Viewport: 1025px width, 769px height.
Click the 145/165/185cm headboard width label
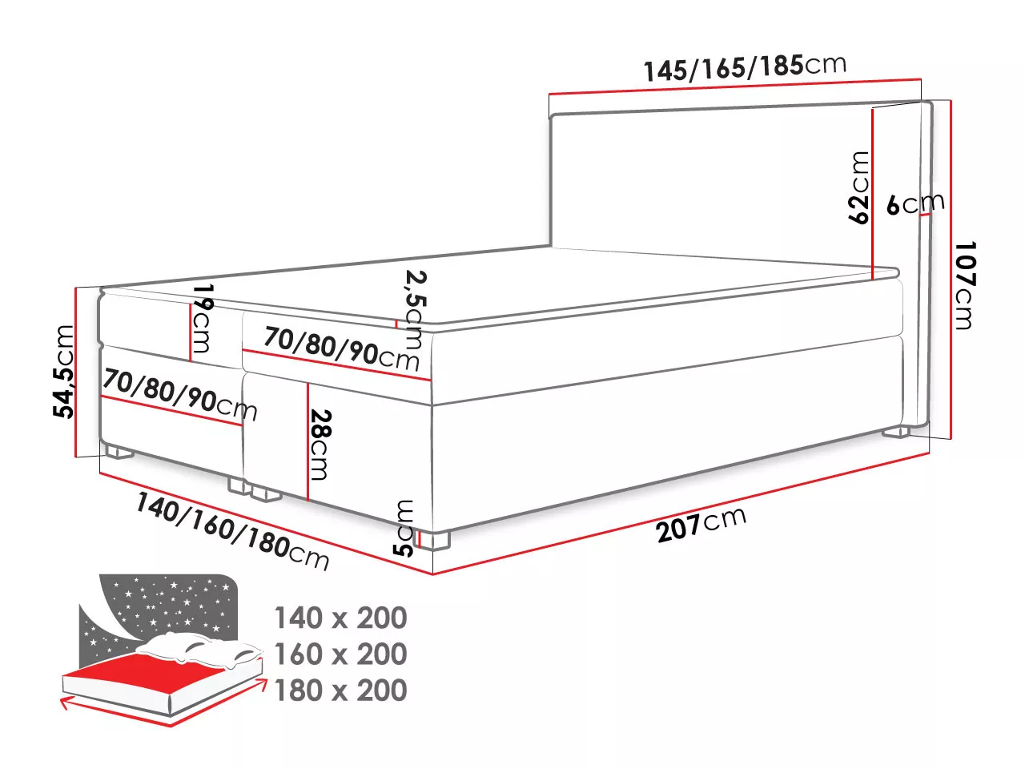(745, 67)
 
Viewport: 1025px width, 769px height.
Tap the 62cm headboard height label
(858, 187)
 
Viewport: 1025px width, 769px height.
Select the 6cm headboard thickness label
(915, 203)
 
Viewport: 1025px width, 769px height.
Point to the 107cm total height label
(965, 285)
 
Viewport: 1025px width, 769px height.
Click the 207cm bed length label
(701, 523)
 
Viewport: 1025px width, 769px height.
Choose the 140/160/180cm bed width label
(232, 531)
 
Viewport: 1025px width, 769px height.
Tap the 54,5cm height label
(63, 371)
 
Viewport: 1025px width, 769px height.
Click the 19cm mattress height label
(203, 318)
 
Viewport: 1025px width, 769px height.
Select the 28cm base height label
(320, 445)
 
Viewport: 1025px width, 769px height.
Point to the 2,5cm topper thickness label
(415, 309)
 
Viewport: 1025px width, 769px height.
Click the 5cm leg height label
(404, 528)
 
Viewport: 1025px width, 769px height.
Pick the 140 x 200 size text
(340, 618)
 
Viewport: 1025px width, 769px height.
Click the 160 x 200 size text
(340, 654)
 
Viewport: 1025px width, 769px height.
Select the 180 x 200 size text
(340, 690)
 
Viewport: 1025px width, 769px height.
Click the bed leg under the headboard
(896, 432)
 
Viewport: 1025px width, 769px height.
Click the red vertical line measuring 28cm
(307, 441)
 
